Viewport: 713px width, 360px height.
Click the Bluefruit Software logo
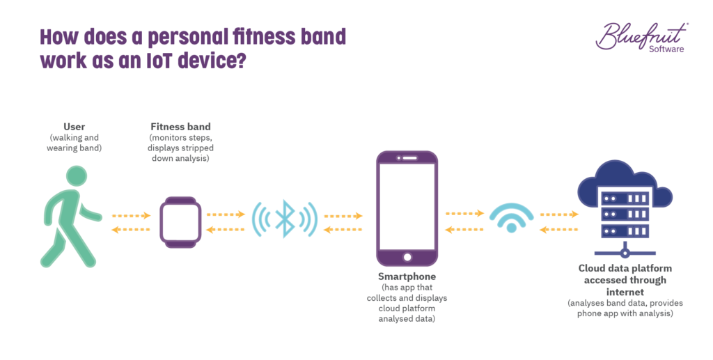click(641, 37)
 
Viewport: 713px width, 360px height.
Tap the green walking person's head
click(77, 176)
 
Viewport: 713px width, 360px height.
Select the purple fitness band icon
click(180, 222)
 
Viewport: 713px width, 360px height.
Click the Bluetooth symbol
click(285, 219)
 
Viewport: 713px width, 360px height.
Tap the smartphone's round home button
click(407, 257)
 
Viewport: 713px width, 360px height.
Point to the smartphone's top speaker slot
click(409, 158)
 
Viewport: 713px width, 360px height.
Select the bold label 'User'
click(74, 127)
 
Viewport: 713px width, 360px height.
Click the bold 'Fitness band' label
click(180, 127)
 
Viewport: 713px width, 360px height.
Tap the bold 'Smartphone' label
click(407, 276)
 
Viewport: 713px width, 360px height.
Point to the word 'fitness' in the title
click(258, 37)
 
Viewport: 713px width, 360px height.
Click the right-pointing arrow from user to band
click(132, 215)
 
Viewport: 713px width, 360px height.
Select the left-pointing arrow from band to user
click(130, 230)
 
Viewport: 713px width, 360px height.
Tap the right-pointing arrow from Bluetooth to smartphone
click(343, 216)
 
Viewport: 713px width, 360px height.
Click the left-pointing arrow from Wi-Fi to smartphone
click(464, 230)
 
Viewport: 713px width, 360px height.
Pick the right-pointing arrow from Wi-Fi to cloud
click(559, 214)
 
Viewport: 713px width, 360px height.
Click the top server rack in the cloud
click(625, 198)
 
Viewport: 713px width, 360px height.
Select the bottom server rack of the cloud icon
click(625, 231)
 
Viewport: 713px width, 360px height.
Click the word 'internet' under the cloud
click(625, 292)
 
